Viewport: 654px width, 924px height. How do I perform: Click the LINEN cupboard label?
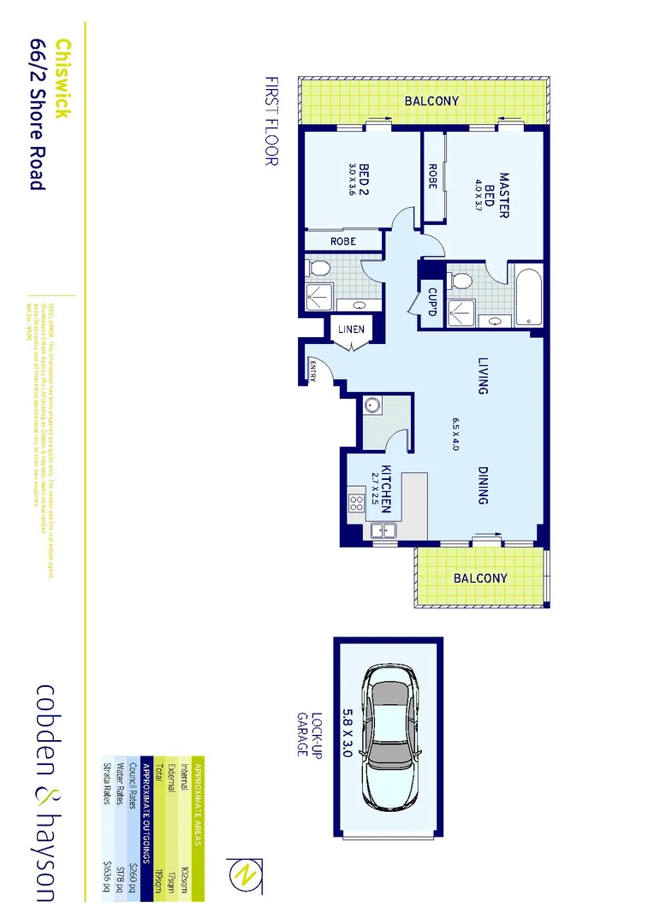pyautogui.click(x=351, y=329)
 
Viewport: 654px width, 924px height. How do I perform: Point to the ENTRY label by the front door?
pyautogui.click(x=312, y=370)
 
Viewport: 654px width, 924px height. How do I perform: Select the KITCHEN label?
pyautogui.click(x=386, y=489)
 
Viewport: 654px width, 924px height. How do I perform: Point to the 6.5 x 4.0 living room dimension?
pyautogui.click(x=456, y=435)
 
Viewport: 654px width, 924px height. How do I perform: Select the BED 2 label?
pyautogui.click(x=364, y=180)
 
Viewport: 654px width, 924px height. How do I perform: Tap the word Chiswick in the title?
pyautogui.click(x=62, y=79)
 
